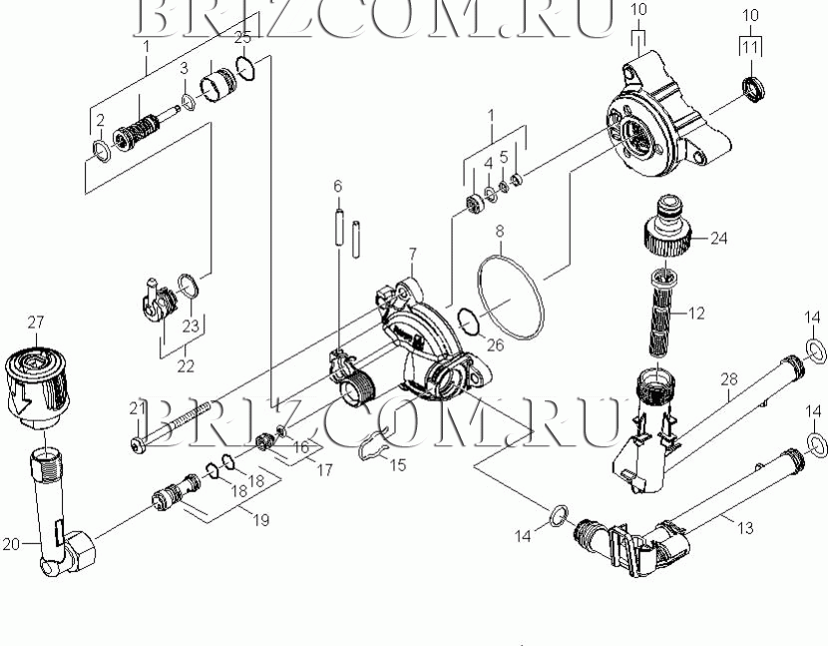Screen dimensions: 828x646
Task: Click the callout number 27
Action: click(35, 322)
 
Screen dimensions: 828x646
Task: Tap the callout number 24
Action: click(718, 239)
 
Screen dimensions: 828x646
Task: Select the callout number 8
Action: click(500, 231)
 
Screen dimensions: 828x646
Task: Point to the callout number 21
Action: click(138, 407)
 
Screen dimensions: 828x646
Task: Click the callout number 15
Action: click(398, 464)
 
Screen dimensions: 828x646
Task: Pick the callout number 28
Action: click(729, 378)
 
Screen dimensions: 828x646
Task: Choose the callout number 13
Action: click(745, 527)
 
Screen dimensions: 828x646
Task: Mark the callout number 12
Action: click(696, 314)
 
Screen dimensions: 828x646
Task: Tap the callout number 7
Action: click(412, 255)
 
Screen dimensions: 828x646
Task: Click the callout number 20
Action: click(11, 544)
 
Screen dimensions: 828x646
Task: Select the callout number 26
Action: click(496, 344)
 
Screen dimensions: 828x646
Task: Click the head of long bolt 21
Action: click(138, 446)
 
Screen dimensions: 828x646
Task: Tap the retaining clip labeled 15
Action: click(375, 443)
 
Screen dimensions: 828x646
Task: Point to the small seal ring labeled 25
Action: click(246, 68)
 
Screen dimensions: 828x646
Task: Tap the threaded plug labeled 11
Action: click(752, 88)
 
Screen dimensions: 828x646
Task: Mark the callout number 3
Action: click(184, 68)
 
